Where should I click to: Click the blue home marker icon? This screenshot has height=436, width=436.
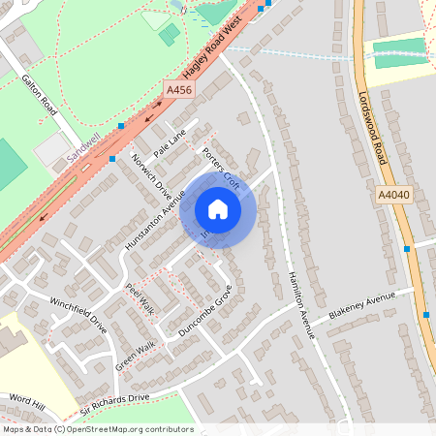tap(218, 209)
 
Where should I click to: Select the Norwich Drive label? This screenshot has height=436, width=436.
tap(150, 171)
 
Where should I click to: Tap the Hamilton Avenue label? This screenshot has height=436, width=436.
tap(300, 303)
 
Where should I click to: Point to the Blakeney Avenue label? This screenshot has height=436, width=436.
tap(362, 307)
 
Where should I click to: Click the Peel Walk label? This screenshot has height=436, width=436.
tap(140, 299)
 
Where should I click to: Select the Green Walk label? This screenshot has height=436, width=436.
tap(135, 355)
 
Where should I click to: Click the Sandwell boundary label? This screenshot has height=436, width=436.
tap(84, 147)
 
